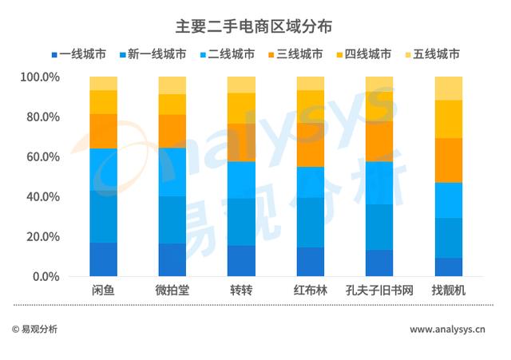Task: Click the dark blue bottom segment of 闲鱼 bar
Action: tap(103, 259)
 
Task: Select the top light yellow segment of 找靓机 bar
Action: tap(448, 88)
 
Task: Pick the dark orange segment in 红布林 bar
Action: tap(310, 144)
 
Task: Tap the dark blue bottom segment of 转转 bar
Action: tap(241, 261)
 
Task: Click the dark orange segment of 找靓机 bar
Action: tap(448, 160)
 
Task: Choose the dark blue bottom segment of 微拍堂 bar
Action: tap(172, 260)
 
